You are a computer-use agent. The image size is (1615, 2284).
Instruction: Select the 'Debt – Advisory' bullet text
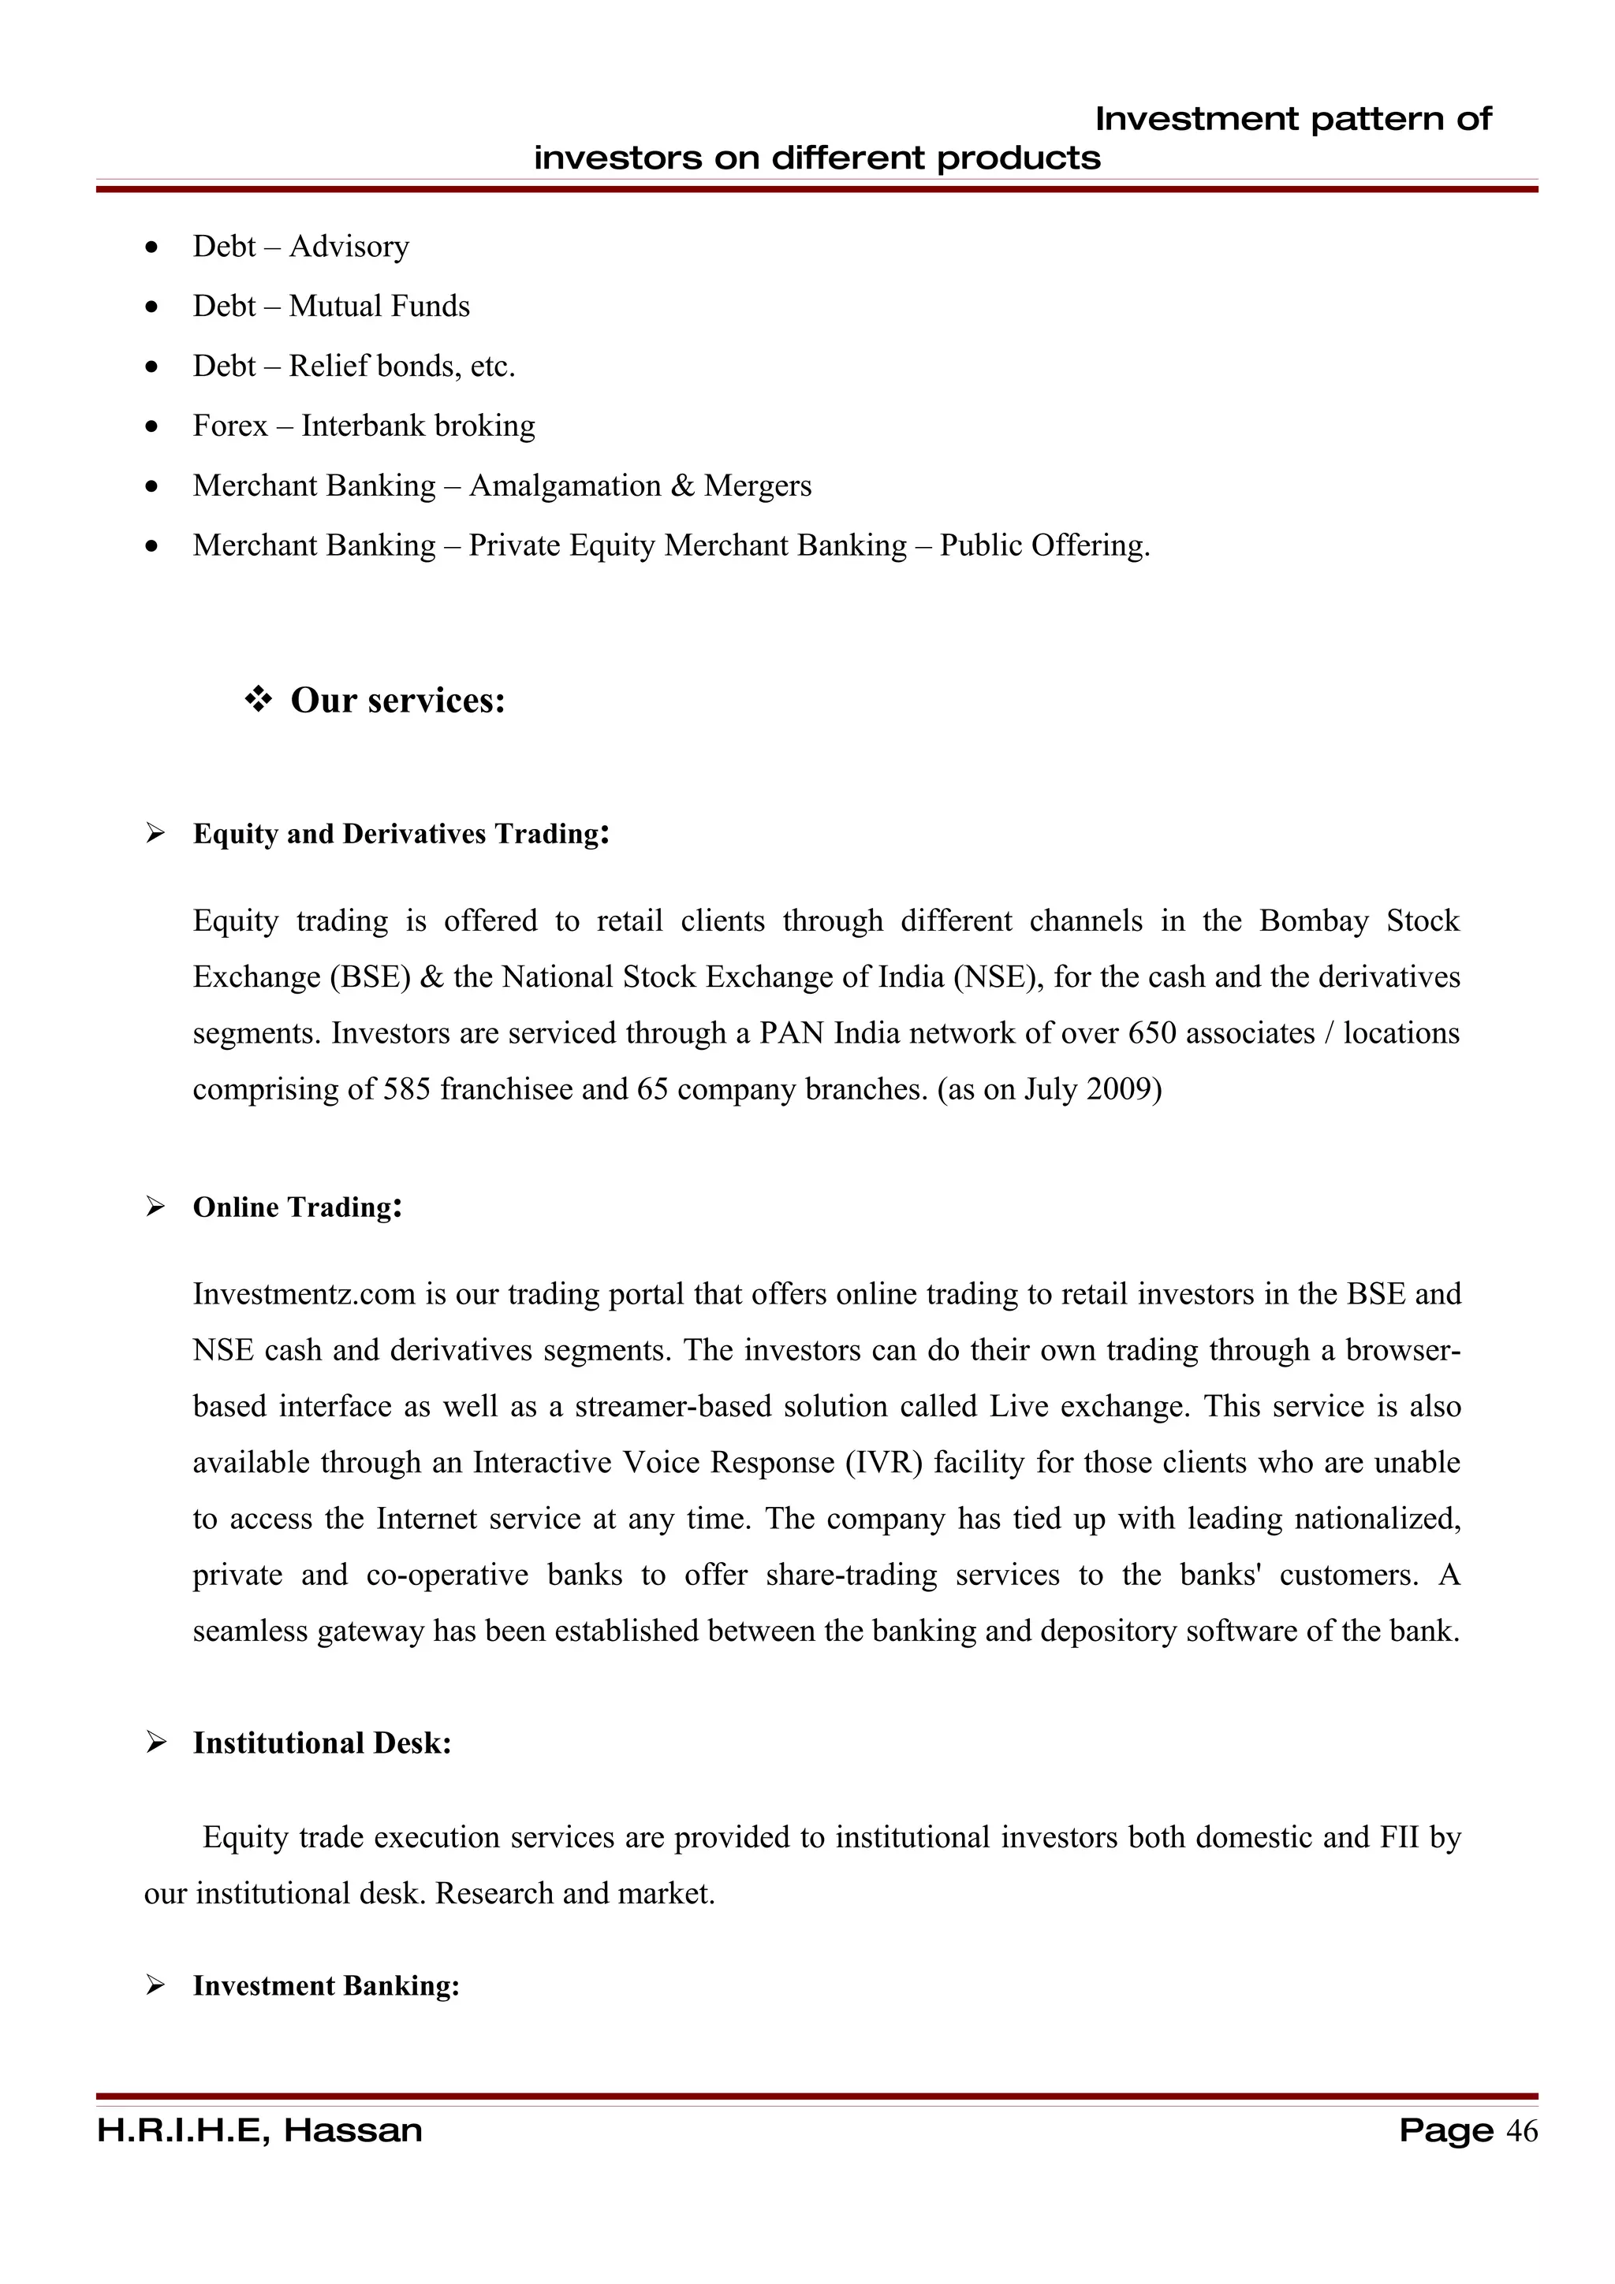300,246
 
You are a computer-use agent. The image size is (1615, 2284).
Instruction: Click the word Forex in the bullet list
229,426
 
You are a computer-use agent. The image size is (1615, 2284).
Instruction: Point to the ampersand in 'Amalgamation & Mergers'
683,485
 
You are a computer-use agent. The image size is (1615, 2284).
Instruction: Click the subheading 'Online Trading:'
297,1207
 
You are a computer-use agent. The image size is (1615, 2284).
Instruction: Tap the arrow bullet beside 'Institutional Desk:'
155,1743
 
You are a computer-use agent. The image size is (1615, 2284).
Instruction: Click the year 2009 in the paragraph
1124,1089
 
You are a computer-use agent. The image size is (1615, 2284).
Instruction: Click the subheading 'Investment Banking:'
326,1985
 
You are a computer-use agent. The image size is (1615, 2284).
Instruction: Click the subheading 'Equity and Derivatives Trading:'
400,834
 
